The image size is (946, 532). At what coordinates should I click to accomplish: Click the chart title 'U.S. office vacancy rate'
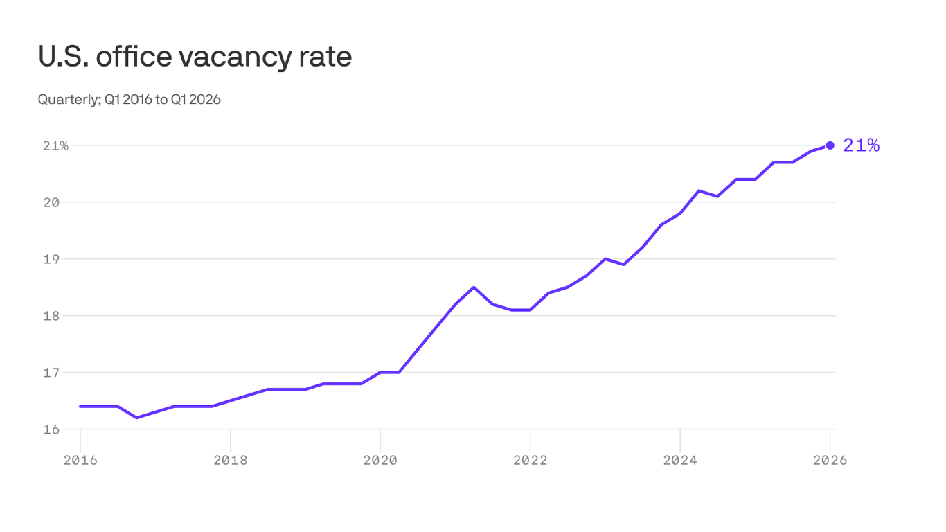pyautogui.click(x=195, y=57)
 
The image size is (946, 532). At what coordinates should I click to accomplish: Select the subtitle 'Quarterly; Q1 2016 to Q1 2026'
pyautogui.click(x=129, y=100)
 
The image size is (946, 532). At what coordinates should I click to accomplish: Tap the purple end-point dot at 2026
pyautogui.click(x=830, y=145)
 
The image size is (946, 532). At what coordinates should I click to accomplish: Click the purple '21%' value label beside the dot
pyautogui.click(x=861, y=145)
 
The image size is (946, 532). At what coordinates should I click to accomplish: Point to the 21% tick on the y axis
pyautogui.click(x=55, y=145)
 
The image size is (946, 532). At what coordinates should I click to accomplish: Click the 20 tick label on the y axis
pyautogui.click(x=61, y=202)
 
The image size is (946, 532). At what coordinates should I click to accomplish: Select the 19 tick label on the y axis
pyautogui.click(x=61, y=259)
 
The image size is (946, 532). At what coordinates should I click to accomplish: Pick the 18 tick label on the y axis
pyautogui.click(x=61, y=316)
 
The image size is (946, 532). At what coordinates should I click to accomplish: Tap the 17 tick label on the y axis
pyautogui.click(x=61, y=373)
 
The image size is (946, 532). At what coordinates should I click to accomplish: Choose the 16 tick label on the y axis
pyautogui.click(x=61, y=429)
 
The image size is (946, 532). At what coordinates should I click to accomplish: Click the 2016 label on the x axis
pyautogui.click(x=80, y=461)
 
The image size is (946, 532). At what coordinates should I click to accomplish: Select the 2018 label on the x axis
pyautogui.click(x=230, y=461)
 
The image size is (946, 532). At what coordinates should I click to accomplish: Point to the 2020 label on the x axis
pyautogui.click(x=380, y=461)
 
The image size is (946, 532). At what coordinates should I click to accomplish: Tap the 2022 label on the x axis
pyautogui.click(x=530, y=461)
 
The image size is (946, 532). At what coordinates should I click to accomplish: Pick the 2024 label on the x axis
pyautogui.click(x=680, y=461)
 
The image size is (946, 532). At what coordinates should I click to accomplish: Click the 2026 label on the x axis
pyautogui.click(x=830, y=461)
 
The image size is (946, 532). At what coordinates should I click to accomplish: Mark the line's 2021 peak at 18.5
pyautogui.click(x=474, y=287)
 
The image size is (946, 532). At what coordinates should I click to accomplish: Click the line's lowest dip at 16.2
pyautogui.click(x=136, y=418)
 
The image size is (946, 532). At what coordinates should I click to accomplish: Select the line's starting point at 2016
pyautogui.click(x=80, y=407)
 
